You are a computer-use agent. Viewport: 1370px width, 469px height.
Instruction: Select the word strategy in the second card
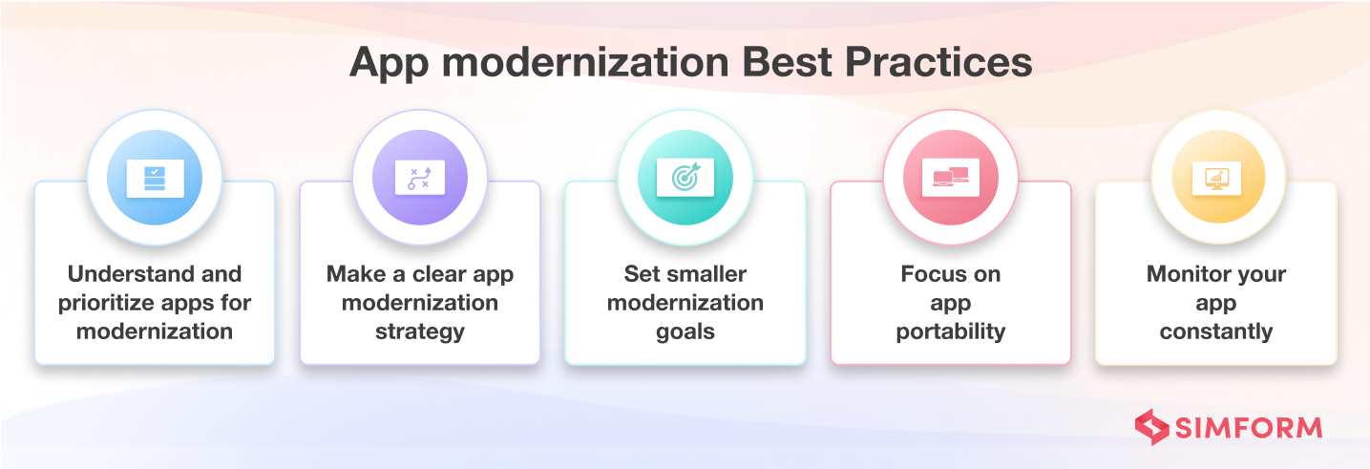coord(419,331)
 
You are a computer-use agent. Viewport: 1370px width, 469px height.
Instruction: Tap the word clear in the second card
coord(437,274)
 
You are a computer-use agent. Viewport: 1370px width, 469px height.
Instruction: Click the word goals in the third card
coord(685,331)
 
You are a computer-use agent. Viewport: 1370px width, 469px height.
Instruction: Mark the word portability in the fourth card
coord(950,331)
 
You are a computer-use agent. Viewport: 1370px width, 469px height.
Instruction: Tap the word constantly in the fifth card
coord(1215,331)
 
